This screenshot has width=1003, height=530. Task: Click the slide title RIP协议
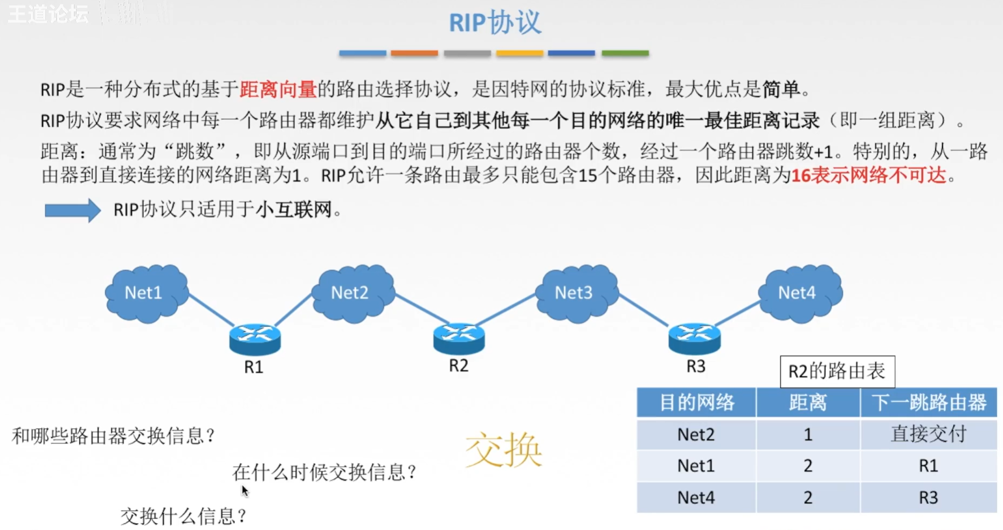pyautogui.click(x=495, y=23)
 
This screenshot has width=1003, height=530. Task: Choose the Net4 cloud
pyautogui.click(x=799, y=293)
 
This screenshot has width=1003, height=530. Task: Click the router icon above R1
pyautogui.click(x=255, y=338)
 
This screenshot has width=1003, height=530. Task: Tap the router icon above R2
pyautogui.click(x=459, y=337)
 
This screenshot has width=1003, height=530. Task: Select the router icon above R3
pyautogui.click(x=694, y=338)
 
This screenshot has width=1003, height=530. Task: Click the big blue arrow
pyautogui.click(x=72, y=210)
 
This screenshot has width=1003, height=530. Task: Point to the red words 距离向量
pyautogui.click(x=278, y=89)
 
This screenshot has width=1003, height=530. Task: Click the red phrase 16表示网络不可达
pyautogui.click(x=868, y=175)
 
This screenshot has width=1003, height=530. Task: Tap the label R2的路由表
pyautogui.click(x=837, y=371)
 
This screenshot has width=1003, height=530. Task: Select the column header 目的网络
pyautogui.click(x=696, y=403)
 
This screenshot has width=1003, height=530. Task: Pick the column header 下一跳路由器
pyautogui.click(x=928, y=403)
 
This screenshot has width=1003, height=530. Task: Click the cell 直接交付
pyautogui.click(x=928, y=434)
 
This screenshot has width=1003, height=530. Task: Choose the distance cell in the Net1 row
pyautogui.click(x=807, y=465)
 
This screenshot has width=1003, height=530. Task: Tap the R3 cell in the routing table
pyautogui.click(x=928, y=497)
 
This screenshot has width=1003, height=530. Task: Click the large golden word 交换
pyautogui.click(x=503, y=450)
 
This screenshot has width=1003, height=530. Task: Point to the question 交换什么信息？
pyautogui.click(x=183, y=517)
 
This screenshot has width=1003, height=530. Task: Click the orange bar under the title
pyautogui.click(x=414, y=53)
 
